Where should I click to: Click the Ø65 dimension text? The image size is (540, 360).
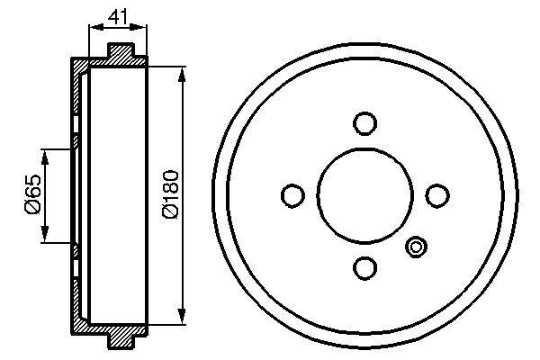click(x=32, y=194)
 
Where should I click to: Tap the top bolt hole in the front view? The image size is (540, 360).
click(x=364, y=122)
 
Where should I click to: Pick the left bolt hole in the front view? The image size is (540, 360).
click(x=292, y=194)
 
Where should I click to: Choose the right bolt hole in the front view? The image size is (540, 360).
click(x=436, y=194)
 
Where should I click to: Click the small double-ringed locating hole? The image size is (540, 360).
click(x=416, y=246)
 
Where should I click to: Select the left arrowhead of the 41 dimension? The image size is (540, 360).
click(x=92, y=29)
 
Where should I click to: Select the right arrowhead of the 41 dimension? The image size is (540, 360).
click(x=146, y=29)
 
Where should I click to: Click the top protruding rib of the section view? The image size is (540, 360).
click(x=126, y=52)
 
